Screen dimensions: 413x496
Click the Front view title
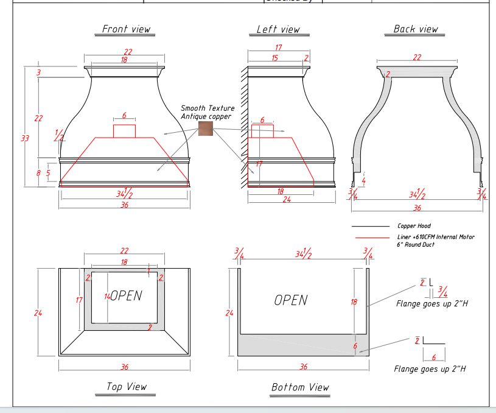pos(126,29)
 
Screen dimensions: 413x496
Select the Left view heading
pos(278,29)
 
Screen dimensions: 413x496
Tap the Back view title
pos(416,29)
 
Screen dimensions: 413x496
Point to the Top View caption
pos(126,386)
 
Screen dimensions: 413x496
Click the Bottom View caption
pos(300,387)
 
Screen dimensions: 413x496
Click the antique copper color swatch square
pos(205,129)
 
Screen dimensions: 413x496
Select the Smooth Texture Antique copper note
pos(207,112)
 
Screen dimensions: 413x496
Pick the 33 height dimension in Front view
pos(24,138)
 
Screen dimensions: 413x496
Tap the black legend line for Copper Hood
pos(370,226)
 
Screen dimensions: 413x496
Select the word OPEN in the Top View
pos(126,296)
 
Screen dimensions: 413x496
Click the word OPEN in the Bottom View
pos(290,300)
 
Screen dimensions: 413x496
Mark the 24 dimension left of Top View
pos(38,313)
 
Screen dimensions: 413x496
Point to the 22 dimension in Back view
pos(417,57)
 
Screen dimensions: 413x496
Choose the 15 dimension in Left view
pos(274,58)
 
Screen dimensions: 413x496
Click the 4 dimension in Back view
pos(364,180)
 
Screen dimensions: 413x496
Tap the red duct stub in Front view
pos(124,130)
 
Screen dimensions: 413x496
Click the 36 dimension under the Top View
pos(124,367)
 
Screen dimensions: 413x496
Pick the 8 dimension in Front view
pos(38,173)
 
